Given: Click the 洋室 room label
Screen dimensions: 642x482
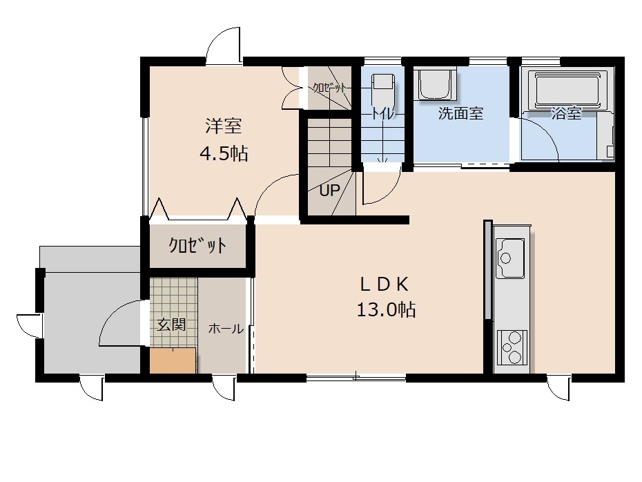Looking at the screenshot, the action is pos(223,126).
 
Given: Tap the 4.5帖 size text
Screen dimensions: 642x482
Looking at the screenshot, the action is pos(224,153).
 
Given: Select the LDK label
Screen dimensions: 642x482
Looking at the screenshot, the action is pos(384,285).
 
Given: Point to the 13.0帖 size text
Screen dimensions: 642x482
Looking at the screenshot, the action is pos(386,309).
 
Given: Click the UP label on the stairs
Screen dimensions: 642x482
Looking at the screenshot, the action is pos(329,190).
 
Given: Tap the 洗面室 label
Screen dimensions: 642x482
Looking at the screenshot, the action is pos(460,113).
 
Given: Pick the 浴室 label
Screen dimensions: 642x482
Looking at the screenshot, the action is pos(566,113).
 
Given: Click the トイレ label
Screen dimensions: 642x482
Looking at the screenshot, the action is pos(383,113).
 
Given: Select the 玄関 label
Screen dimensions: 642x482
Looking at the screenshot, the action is pos(172,325).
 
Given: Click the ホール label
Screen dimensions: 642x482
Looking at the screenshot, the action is pos(226,329).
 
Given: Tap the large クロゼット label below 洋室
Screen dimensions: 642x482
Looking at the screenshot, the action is pos(197,245).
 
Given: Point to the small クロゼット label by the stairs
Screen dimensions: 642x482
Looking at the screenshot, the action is pos(329,88).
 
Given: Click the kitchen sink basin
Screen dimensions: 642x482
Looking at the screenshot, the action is pos(510,258).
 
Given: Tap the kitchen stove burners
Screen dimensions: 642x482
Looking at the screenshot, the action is pos(512,347).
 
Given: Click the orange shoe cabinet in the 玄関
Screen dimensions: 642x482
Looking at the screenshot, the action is pos(173,360).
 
